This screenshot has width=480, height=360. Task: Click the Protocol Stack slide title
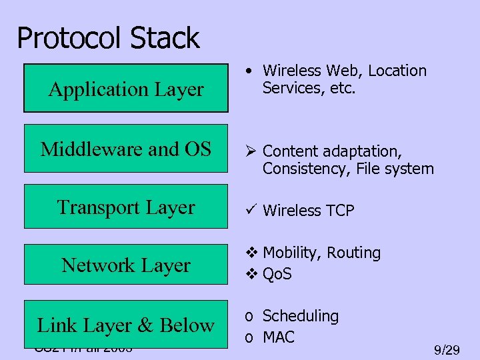108,38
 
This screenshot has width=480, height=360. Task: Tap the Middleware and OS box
126,149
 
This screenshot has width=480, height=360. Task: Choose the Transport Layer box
126,207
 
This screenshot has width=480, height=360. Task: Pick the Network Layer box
126,265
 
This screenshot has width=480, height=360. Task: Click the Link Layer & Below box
126,325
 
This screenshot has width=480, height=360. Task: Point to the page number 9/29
446,349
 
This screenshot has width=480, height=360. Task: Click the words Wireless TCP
309,211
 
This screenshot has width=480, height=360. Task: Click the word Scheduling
301,316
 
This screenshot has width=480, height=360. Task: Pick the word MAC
279,337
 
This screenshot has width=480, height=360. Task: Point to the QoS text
277,274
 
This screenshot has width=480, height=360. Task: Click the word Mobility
291,253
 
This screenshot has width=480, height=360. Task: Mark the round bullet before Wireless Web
247,70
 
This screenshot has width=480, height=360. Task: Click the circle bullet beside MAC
249,338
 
